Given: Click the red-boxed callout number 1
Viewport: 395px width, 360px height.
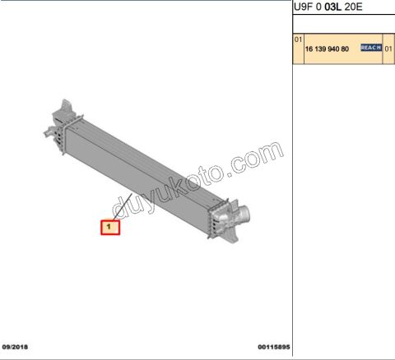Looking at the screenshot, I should [110, 225].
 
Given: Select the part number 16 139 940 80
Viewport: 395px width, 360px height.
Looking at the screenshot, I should [327, 49].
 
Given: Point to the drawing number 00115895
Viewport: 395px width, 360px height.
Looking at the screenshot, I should [274, 347].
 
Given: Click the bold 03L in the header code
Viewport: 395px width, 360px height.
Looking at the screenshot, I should [333, 7].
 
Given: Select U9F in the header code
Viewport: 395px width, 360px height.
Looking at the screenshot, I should [304, 7].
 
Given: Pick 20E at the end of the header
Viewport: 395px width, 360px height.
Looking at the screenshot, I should [354, 7].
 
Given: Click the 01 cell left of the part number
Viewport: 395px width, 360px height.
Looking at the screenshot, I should [298, 39].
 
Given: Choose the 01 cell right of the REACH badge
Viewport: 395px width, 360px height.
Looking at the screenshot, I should [388, 49].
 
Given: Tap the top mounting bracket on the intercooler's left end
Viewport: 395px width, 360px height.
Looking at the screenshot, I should [62, 109].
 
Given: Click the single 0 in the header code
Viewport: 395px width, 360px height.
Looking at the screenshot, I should [318, 7].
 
